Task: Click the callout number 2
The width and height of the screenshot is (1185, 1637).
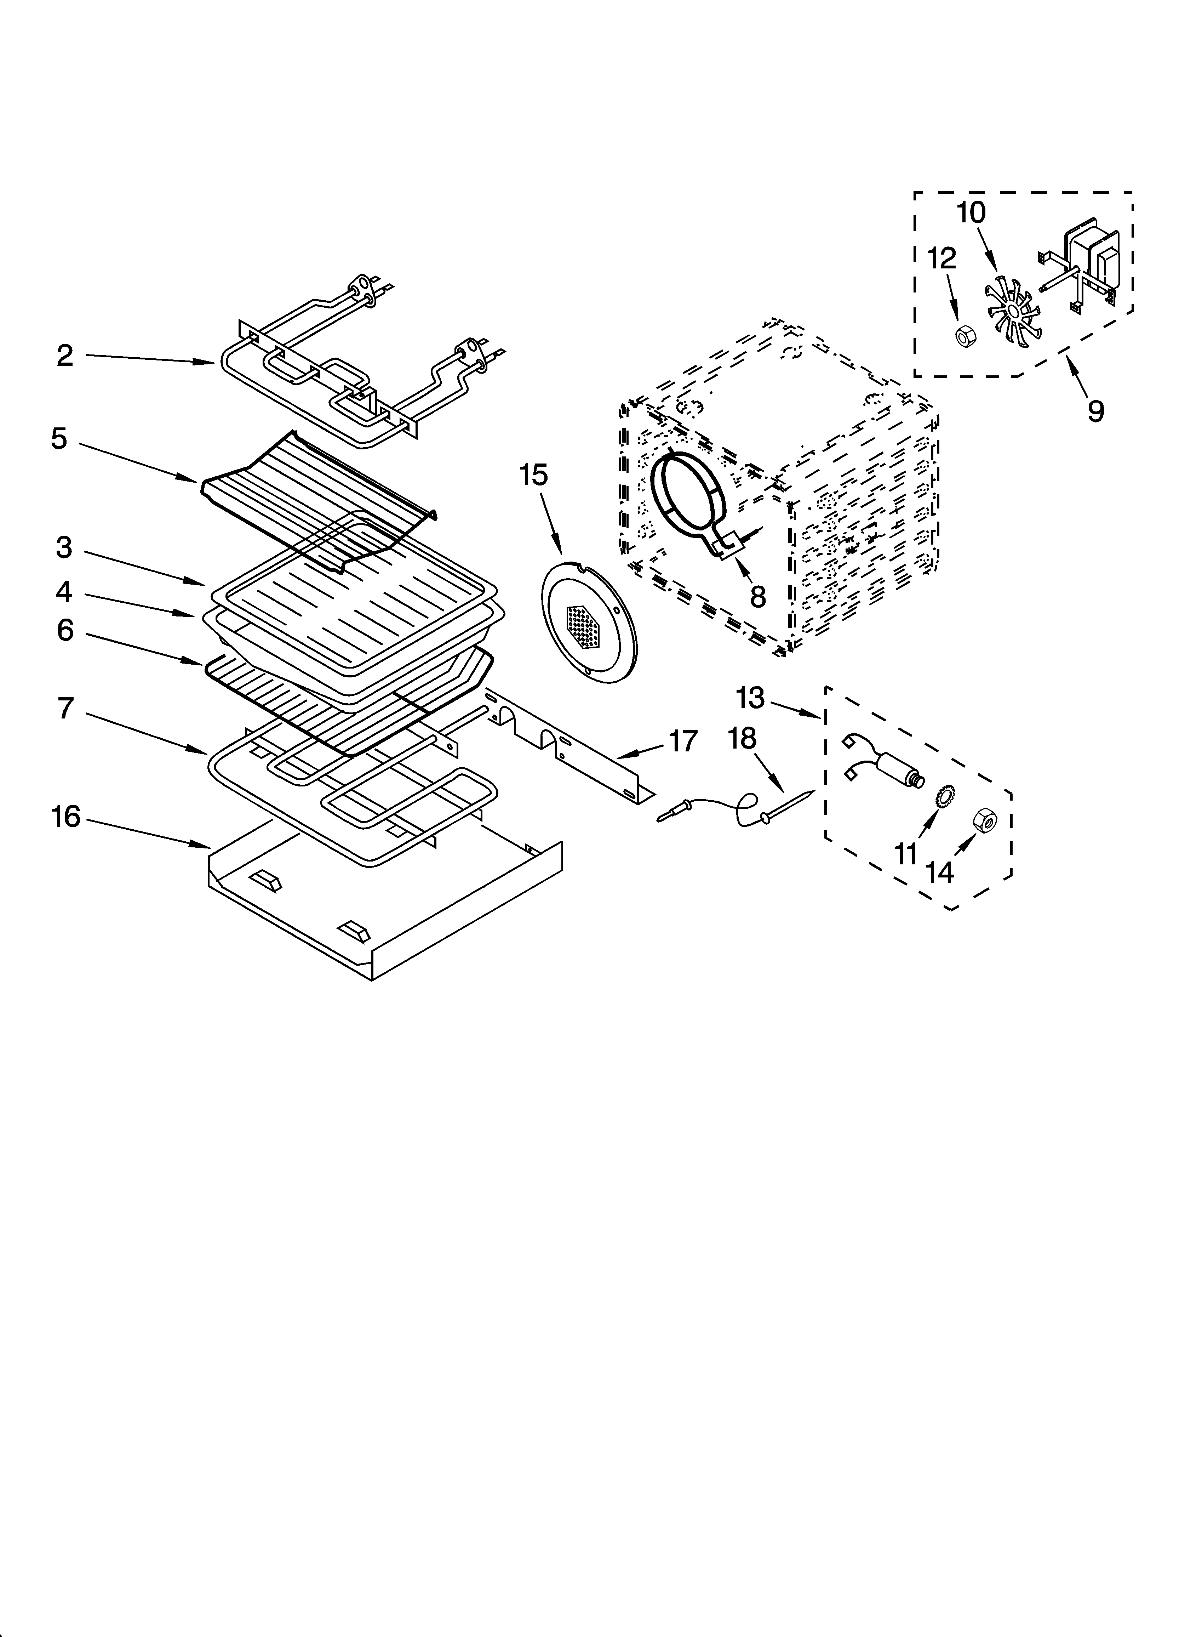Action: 65,356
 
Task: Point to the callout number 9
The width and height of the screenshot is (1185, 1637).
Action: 1095,411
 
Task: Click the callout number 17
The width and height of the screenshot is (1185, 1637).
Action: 683,741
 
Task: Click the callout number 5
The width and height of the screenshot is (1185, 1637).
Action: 59,439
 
